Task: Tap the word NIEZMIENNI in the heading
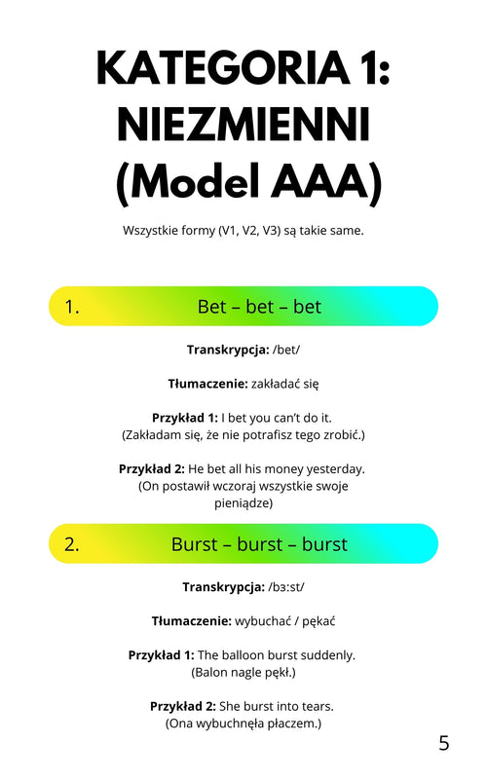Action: [x=243, y=125]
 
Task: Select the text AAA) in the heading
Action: [x=326, y=182]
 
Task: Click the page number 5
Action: [x=444, y=743]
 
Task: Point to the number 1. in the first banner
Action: [x=72, y=307]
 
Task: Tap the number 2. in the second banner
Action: [x=72, y=544]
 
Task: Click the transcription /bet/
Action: [x=286, y=350]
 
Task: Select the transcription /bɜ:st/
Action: [x=286, y=587]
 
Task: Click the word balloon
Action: [x=243, y=655]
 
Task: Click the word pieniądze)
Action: [x=243, y=503]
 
